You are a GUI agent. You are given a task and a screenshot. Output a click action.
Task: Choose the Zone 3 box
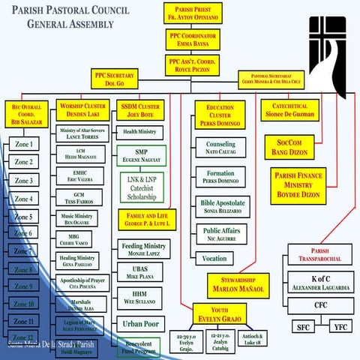coord(24,181)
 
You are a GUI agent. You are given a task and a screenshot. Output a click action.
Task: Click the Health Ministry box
coord(141,132)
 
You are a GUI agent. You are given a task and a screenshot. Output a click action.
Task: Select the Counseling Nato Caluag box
coord(220,148)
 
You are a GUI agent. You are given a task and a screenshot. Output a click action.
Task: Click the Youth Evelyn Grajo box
coord(220,313)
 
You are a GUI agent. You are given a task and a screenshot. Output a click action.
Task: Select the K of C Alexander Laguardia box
coord(319,282)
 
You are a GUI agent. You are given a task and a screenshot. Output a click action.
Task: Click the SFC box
coord(303,326)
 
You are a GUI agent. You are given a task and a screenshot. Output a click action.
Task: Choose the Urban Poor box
coord(140,325)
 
